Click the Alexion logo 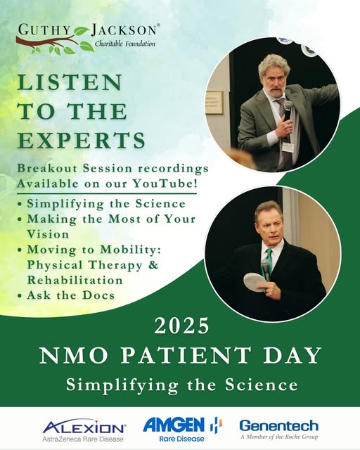(x=84, y=430)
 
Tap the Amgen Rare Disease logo (x=183, y=429)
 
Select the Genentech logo (x=278, y=429)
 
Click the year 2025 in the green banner (x=181, y=326)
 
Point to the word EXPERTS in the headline (x=82, y=140)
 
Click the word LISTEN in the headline (x=70, y=82)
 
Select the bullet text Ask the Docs (x=70, y=295)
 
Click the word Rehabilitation (x=75, y=280)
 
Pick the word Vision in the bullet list (x=48, y=234)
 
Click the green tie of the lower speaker (x=269, y=259)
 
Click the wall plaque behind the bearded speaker (x=215, y=103)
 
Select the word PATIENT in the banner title (x=185, y=355)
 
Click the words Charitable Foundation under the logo (x=125, y=44)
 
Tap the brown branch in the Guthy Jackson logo (x=47, y=41)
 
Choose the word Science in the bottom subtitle (x=262, y=385)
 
